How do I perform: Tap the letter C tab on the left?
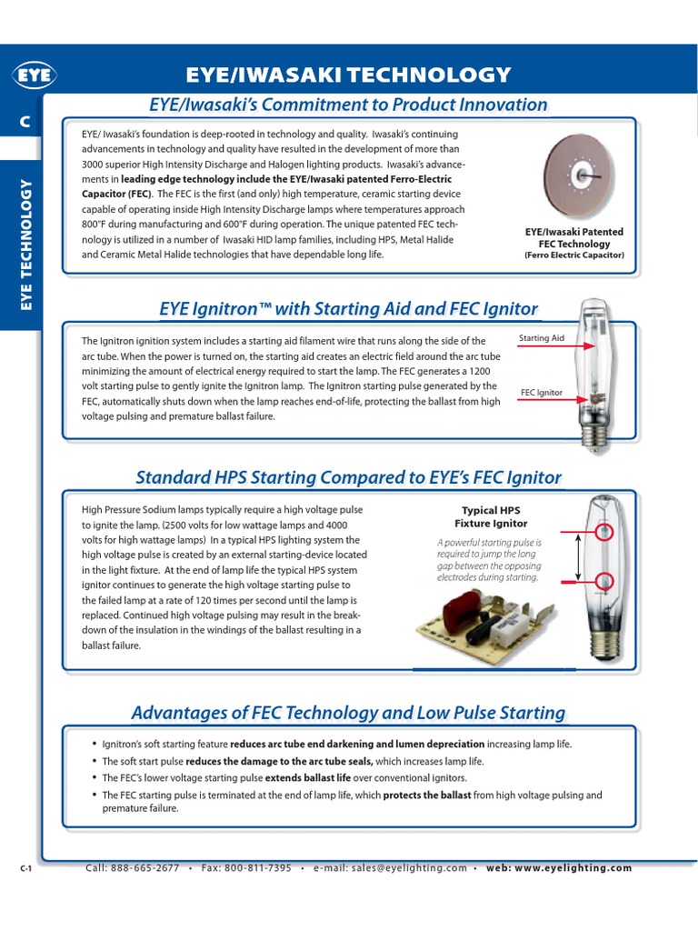click(x=26, y=122)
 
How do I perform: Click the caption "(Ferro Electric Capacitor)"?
click(x=574, y=255)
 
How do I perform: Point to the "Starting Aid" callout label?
click(x=542, y=338)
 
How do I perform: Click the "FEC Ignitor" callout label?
click(x=542, y=394)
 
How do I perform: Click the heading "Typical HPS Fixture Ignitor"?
click(x=491, y=516)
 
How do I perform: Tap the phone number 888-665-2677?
click(x=145, y=868)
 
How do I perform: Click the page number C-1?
click(x=26, y=869)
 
